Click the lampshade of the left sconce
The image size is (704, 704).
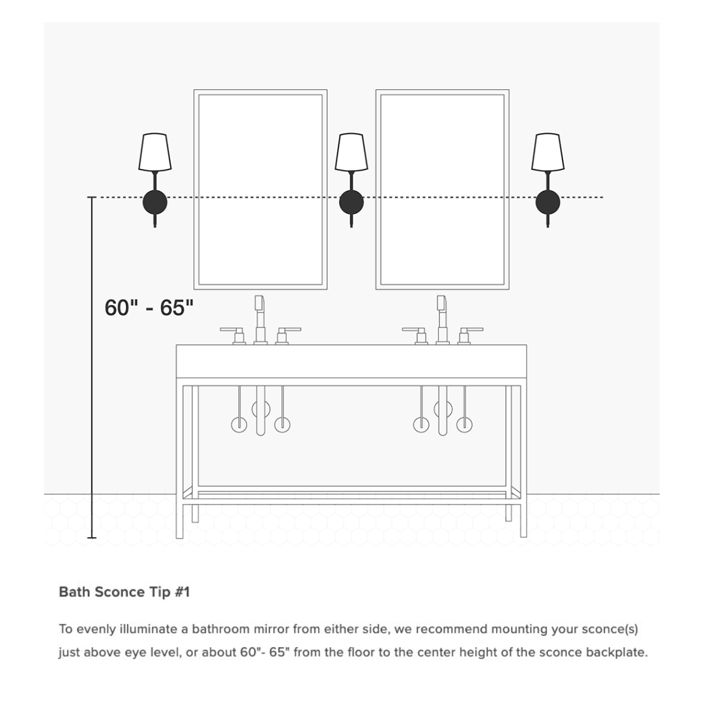point(155,152)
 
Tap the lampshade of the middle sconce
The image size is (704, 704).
point(351,152)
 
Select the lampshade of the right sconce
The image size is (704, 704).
point(548,152)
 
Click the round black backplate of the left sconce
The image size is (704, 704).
point(155,202)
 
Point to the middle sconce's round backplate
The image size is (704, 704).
point(351,202)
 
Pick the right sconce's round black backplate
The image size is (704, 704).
point(548,202)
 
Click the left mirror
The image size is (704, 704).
point(260,189)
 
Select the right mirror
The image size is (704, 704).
point(442,189)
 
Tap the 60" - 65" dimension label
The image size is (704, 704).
point(149,308)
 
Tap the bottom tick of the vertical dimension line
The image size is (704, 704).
point(92,538)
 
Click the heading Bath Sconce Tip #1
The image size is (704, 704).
point(124,592)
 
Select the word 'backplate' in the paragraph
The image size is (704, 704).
point(615,652)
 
